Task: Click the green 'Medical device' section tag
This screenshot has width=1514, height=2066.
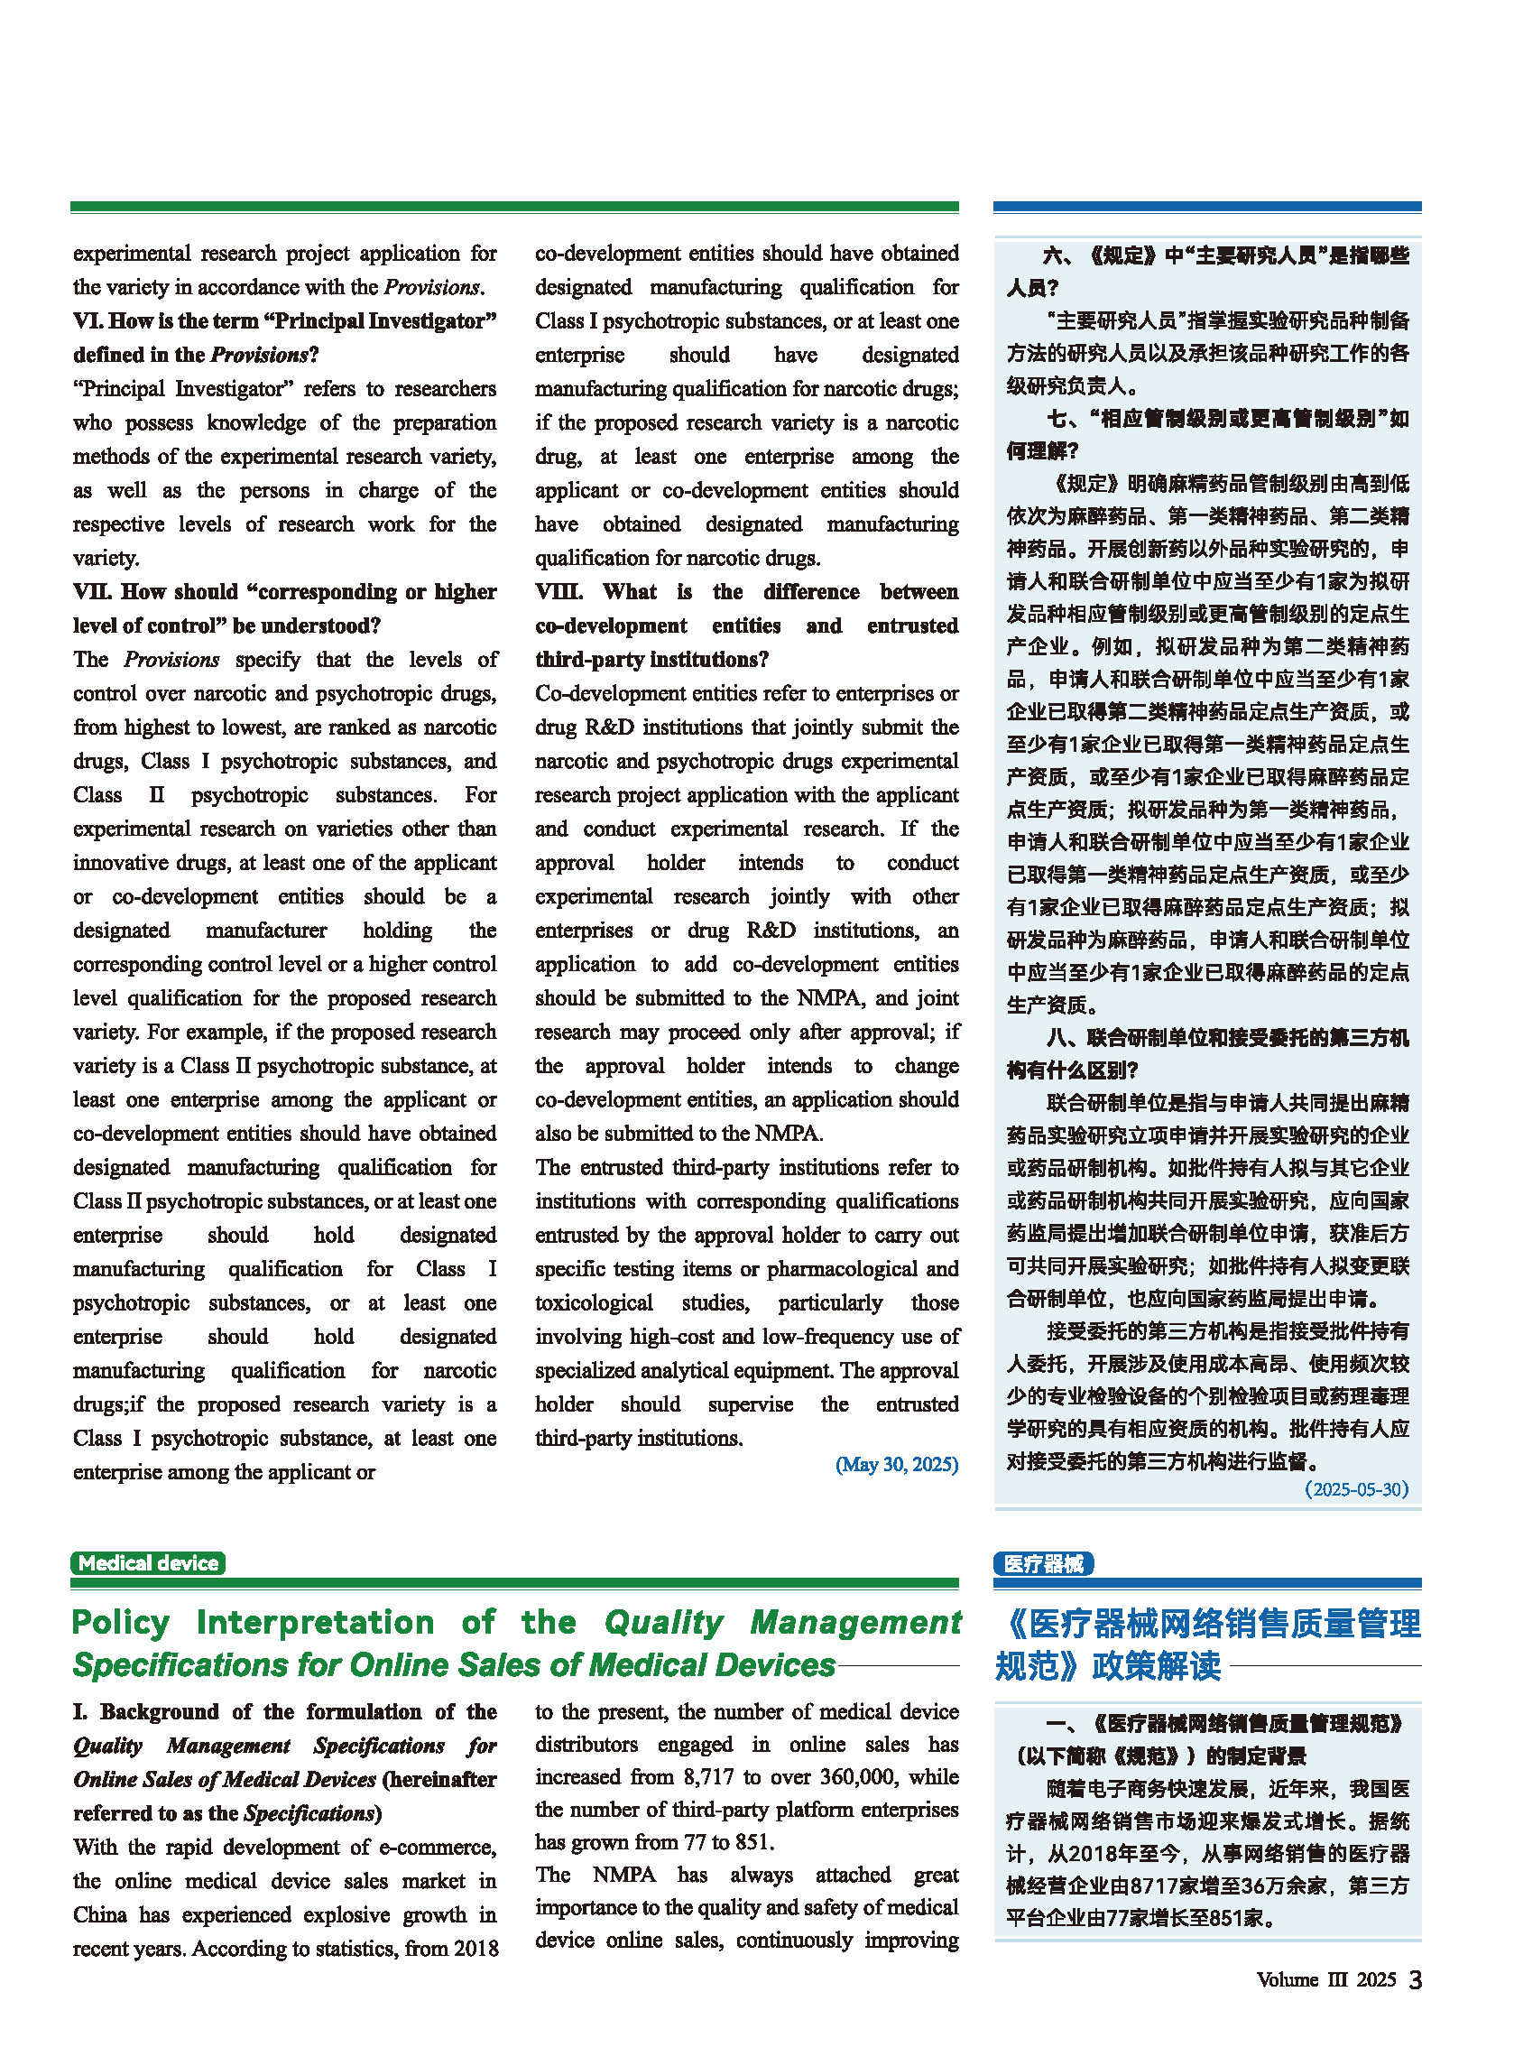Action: [x=148, y=1562]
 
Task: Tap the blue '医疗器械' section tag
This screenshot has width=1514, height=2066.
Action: [x=1043, y=1562]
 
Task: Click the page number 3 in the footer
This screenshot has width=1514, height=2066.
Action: [x=1415, y=1981]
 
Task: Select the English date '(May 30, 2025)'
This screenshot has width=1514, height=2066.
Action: [x=896, y=1464]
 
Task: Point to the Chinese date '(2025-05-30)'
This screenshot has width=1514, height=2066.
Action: [x=1356, y=1488]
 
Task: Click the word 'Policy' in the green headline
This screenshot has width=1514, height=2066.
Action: [x=120, y=1622]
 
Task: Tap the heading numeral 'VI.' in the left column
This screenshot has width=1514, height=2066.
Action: [x=88, y=320]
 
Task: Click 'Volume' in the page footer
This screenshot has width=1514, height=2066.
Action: [x=1287, y=1980]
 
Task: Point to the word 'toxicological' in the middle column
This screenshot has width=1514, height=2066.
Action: [x=594, y=1302]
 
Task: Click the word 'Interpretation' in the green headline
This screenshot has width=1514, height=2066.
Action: [x=315, y=1622]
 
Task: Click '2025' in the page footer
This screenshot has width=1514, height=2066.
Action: [x=1376, y=1980]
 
